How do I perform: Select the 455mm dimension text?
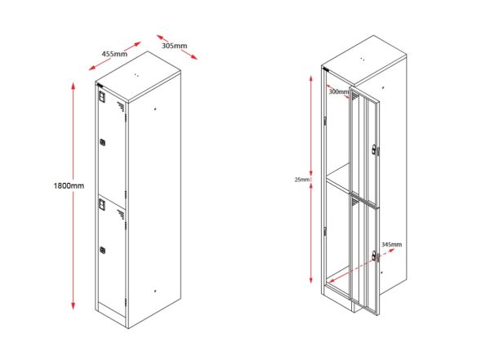pyautogui.click(x=114, y=54)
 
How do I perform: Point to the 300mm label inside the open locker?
pyautogui.click(x=337, y=91)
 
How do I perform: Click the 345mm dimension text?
pyautogui.click(x=393, y=244)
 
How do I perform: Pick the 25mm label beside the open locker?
pyautogui.click(x=303, y=180)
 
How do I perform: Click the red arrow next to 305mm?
pyautogui.click(x=177, y=47)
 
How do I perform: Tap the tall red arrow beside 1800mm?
pyautogui.click(x=74, y=196)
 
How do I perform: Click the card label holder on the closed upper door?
pyautogui.click(x=102, y=96)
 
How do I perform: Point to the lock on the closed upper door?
pyautogui.click(x=102, y=143)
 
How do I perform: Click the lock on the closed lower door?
pyautogui.click(x=102, y=249)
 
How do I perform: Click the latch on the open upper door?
pyautogui.click(x=374, y=149)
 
